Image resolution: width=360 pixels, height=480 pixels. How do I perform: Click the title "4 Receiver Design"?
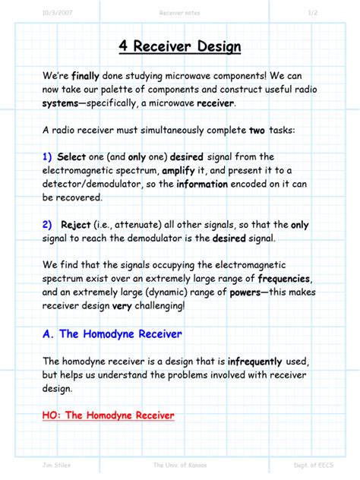tap(180, 47)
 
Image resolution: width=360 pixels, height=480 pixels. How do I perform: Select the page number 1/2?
tap(312, 11)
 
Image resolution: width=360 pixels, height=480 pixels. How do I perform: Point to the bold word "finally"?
tap(85, 76)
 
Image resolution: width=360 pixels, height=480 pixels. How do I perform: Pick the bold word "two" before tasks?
tap(257, 130)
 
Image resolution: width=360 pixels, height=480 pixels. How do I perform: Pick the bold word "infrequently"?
tap(254, 361)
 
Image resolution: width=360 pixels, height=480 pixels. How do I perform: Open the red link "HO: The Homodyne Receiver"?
tap(109, 415)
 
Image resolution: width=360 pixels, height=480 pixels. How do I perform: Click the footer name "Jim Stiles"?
tap(56, 465)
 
